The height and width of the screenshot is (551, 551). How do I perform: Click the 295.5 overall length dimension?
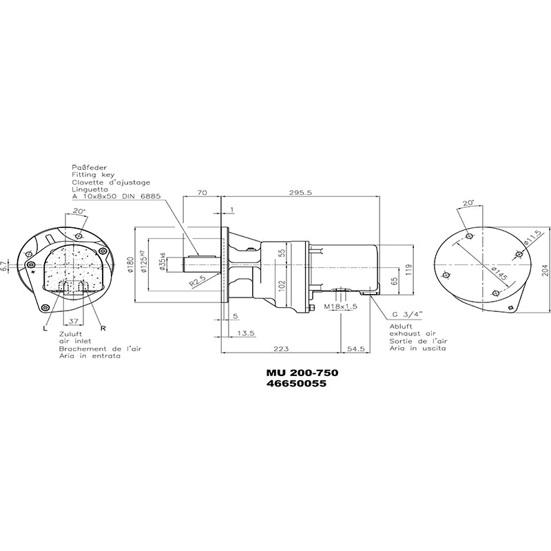pyautogui.click(x=300, y=192)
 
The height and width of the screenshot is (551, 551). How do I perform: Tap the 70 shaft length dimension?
pyautogui.click(x=202, y=192)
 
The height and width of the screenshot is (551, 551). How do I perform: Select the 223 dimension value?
pyautogui.click(x=281, y=349)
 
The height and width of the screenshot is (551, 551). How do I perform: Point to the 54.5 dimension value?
pyautogui.click(x=356, y=349)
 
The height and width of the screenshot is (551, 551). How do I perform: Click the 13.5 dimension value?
pyautogui.click(x=246, y=333)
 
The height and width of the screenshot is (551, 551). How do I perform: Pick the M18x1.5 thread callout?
pyautogui.click(x=340, y=306)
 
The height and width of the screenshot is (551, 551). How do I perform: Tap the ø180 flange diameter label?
pyautogui.click(x=130, y=265)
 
